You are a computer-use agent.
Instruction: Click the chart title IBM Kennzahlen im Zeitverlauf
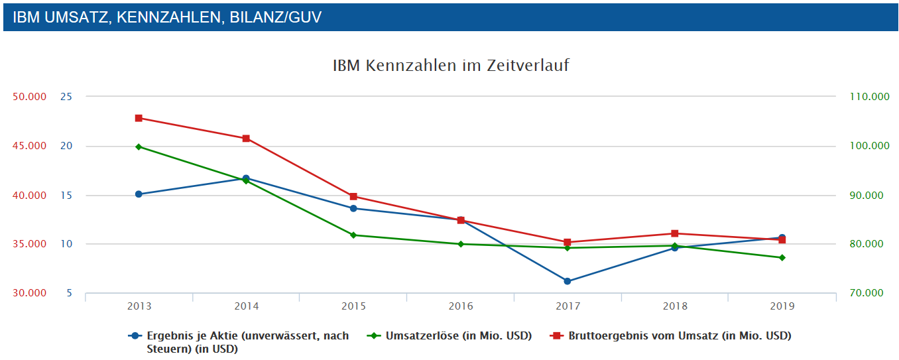coord(451,66)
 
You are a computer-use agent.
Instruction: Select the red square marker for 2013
coord(139,118)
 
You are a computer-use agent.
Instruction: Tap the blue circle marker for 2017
coord(568,281)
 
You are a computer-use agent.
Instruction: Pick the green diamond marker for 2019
coord(782,257)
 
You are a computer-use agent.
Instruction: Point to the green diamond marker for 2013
coord(139,147)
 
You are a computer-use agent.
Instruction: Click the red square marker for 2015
coord(353,196)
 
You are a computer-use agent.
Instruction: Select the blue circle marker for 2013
coord(139,194)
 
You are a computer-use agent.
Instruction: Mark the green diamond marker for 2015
coord(353,235)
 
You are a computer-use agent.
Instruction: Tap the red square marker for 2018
coord(675,233)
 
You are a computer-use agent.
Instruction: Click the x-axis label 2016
coord(461,306)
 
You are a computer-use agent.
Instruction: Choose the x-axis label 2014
coord(246,306)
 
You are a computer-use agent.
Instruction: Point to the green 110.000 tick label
coord(869,97)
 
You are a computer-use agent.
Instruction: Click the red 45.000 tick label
coord(29,146)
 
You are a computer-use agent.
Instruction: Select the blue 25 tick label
coord(66,97)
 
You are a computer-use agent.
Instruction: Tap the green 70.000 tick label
coord(869,293)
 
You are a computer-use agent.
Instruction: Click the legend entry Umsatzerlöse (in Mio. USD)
coord(458,336)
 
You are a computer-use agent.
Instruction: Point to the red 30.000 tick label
coord(29,293)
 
